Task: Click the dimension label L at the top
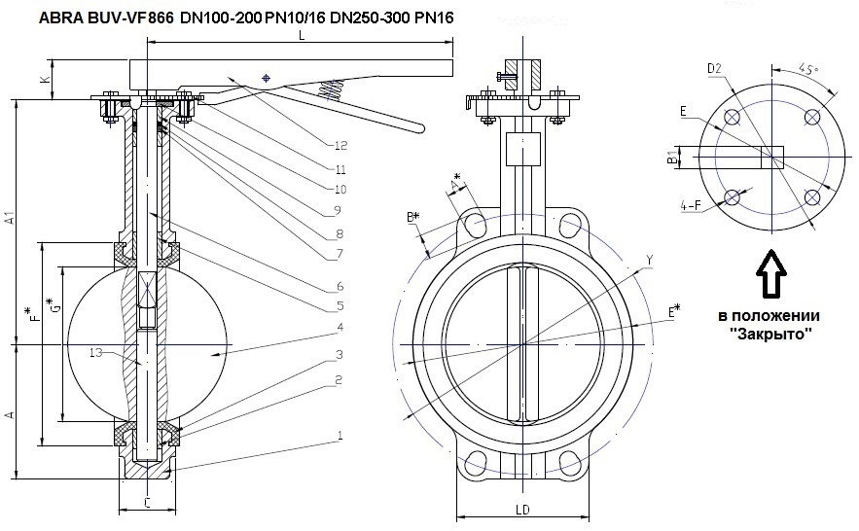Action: click(303, 35)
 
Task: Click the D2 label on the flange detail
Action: click(714, 67)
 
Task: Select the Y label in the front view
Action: click(648, 259)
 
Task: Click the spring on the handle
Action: click(335, 89)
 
